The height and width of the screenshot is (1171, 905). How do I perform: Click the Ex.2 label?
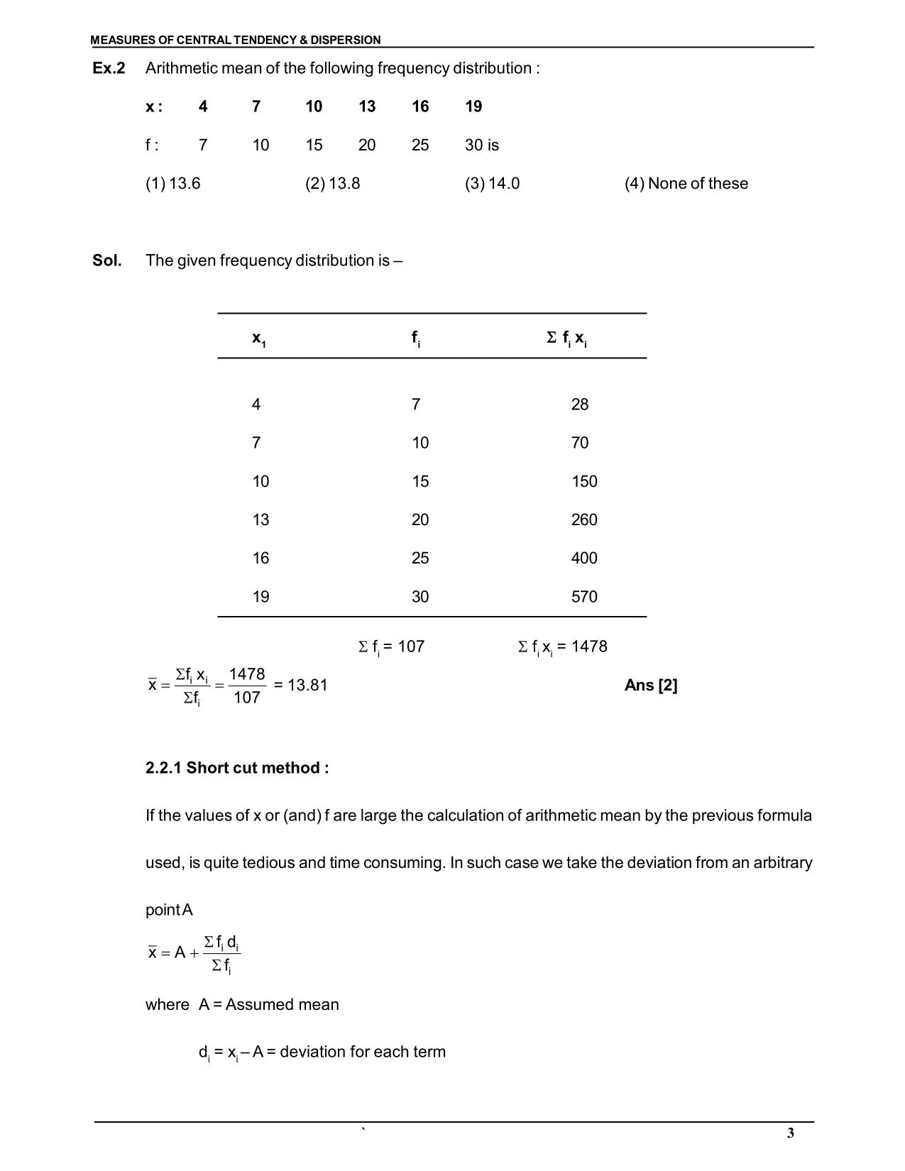pyautogui.click(x=109, y=68)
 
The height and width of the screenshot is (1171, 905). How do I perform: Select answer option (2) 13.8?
pyautogui.click(x=332, y=183)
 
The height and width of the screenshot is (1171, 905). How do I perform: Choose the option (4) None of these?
pyautogui.click(x=686, y=183)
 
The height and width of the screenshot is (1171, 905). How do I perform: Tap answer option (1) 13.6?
pyautogui.click(x=172, y=183)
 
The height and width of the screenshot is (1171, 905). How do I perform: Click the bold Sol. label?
pyautogui.click(x=106, y=260)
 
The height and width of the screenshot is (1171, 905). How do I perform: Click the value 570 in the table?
pyautogui.click(x=583, y=597)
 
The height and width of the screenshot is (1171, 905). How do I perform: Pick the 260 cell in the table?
pyautogui.click(x=583, y=520)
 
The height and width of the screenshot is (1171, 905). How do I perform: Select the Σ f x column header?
pyautogui.click(x=566, y=339)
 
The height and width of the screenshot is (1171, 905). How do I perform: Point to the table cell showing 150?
pyautogui.click(x=583, y=482)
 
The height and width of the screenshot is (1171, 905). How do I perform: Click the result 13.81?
pyautogui.click(x=307, y=686)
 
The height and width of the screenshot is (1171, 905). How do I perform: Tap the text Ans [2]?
pyautogui.click(x=650, y=686)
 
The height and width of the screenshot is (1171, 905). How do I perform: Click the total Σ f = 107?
pyautogui.click(x=390, y=647)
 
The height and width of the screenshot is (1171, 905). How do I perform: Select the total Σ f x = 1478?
pyautogui.click(x=562, y=647)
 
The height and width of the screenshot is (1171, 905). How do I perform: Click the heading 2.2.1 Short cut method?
pyautogui.click(x=236, y=768)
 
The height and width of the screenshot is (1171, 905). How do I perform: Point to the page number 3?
pyautogui.click(x=790, y=1133)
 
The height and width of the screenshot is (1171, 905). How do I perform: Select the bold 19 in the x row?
pyautogui.click(x=473, y=106)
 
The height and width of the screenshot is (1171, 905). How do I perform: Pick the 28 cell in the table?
pyautogui.click(x=579, y=405)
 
